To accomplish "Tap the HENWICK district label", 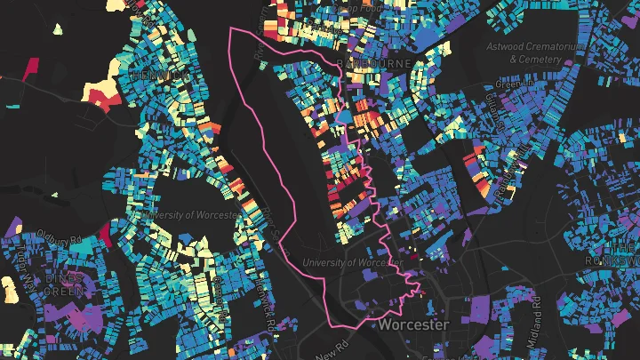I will pos(160,76).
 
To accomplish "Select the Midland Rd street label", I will pos(536,310).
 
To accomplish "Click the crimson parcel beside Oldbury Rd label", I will pos(105,233).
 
